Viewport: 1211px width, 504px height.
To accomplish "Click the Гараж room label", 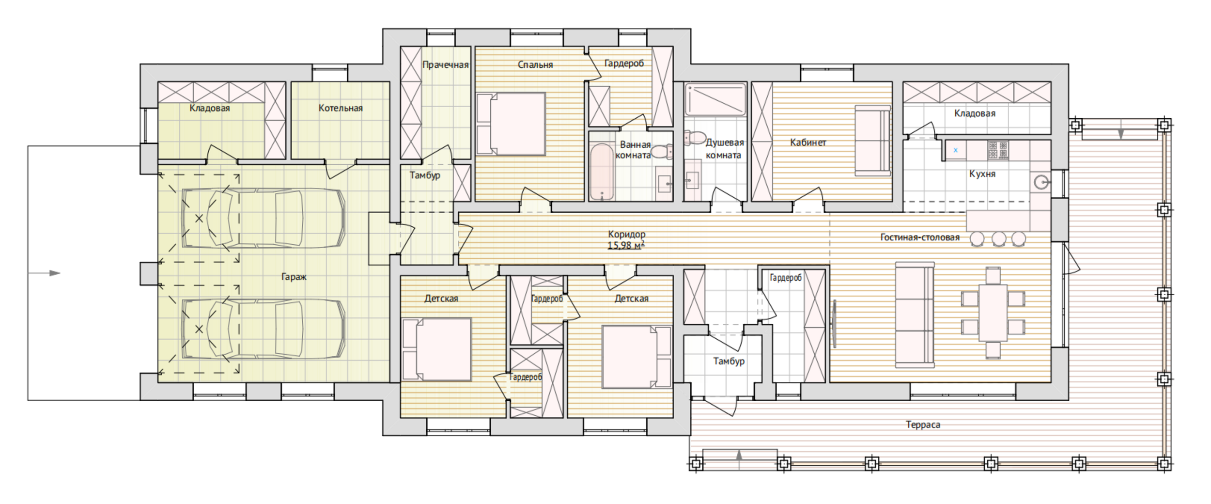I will (294, 277).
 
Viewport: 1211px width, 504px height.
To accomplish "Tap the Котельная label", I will (340, 108).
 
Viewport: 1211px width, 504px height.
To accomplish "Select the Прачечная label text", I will (445, 65).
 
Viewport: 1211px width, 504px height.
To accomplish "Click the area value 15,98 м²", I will (626, 245).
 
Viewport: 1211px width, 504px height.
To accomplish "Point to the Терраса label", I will (923, 425).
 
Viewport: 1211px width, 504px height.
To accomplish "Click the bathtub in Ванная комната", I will (602, 172).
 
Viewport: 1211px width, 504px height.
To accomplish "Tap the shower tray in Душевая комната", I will (715, 99).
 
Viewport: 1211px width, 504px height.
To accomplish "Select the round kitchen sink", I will (1040, 182).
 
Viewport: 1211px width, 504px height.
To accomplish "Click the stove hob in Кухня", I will (998, 150).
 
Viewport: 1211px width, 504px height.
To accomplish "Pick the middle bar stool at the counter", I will (998, 238).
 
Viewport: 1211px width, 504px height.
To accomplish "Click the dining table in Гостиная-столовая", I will (993, 313).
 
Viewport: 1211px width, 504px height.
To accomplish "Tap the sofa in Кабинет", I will (872, 141).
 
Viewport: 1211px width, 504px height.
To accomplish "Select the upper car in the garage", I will (264, 219).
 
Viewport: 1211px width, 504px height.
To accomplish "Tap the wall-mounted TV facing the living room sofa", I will (835, 323).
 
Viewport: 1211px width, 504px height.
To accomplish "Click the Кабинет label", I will (807, 142).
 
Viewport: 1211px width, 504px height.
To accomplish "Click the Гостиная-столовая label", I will (919, 237).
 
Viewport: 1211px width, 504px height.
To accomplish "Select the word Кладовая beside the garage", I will (209, 108).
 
